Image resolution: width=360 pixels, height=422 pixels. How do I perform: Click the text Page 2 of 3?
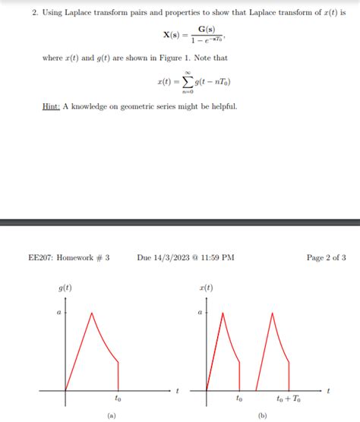point(326,257)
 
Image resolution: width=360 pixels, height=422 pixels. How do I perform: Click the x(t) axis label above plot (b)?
point(206,288)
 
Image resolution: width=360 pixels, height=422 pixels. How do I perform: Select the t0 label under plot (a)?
point(118,397)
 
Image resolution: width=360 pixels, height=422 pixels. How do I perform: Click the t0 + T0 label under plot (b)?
point(289,397)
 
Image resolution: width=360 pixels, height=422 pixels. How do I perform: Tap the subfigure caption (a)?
point(112,415)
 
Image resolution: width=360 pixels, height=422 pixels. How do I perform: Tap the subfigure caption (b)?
point(262,415)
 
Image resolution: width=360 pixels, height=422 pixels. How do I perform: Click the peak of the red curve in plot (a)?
point(91,312)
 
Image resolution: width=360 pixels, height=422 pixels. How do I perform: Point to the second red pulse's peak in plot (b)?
point(271,312)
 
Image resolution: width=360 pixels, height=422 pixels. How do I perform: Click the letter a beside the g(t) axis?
point(59,312)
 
